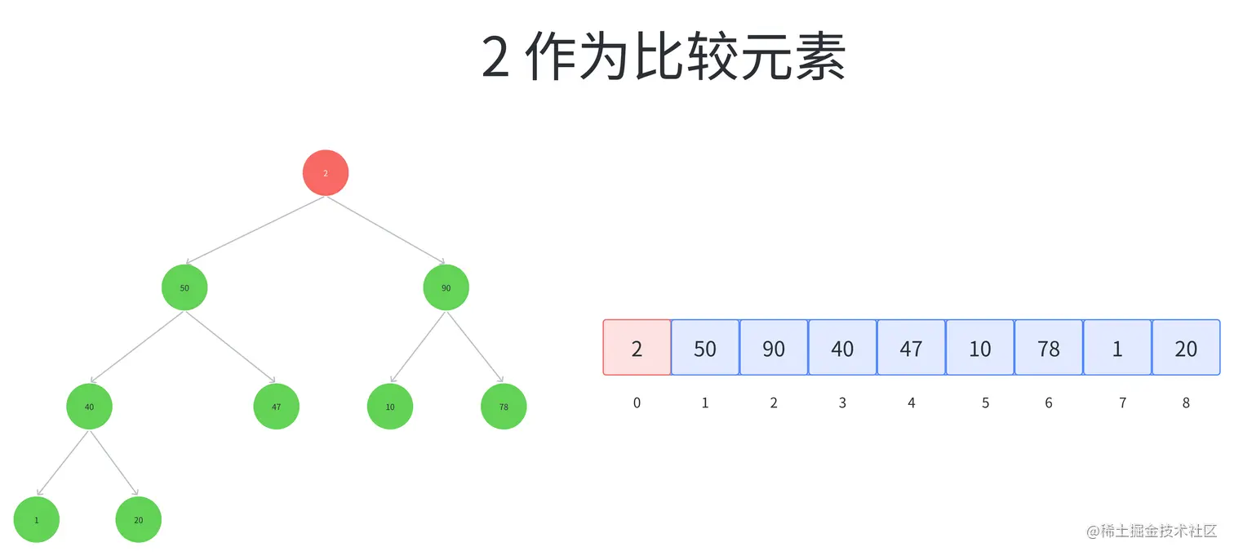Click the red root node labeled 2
coord(326,173)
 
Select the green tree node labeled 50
coord(184,287)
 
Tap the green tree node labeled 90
coord(446,287)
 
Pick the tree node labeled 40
coord(89,406)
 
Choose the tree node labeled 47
coord(277,406)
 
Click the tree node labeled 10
coord(390,406)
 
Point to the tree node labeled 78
coord(504,406)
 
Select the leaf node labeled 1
coord(37,519)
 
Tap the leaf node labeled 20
coord(139,519)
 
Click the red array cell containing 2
coord(637,348)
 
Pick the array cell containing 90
coord(774,348)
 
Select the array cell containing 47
coord(911,348)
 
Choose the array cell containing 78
coord(1049,348)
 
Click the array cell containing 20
coord(1186,348)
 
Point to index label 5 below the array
coord(985,403)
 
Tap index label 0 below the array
coord(637,403)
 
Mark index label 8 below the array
coord(1186,403)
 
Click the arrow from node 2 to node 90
coord(387,230)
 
